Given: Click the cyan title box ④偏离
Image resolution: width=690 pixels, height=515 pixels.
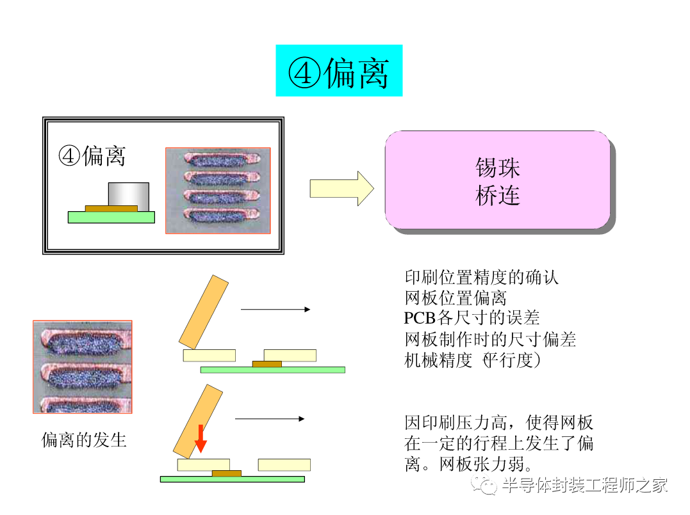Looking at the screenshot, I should coord(339,71).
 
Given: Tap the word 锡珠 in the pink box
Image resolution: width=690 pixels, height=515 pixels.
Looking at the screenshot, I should coord(497,168).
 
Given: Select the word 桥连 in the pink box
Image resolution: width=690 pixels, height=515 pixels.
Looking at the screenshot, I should coord(497,195).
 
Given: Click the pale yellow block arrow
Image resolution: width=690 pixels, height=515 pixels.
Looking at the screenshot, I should coord(341,189).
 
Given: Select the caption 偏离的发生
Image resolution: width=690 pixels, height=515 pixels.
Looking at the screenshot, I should coord(84,440).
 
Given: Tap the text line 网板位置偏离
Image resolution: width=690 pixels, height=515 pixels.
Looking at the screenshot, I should coord(456,297).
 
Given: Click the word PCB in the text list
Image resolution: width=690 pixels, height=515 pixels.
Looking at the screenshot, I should coord(420,317).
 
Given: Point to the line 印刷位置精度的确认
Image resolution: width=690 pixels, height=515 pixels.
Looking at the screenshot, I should coord(482,278).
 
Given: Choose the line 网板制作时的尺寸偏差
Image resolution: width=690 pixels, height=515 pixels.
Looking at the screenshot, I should coord(490,338).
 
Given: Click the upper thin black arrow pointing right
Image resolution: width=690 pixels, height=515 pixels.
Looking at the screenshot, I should coord(275,310).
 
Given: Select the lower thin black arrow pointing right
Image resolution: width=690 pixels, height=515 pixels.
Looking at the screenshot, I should coord(269,419).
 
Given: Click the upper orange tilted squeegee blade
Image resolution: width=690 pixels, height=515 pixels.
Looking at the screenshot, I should coord(204,312).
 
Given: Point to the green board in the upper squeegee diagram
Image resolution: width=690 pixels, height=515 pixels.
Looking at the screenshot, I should coord(272,370).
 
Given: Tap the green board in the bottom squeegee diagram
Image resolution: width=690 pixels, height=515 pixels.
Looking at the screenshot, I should coord(232,479).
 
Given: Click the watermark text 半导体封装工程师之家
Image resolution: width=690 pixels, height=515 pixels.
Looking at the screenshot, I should coord(584,486).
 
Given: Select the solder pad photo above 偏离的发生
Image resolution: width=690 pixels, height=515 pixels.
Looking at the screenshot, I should coord(82,367).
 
